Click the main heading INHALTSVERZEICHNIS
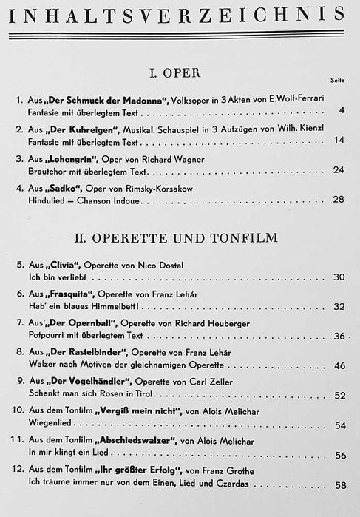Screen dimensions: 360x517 click(x=180, y=13)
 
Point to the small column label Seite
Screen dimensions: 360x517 click(x=336, y=83)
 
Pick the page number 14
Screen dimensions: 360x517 click(x=339, y=141)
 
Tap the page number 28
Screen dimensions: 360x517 click(x=339, y=200)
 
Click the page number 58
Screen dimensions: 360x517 click(x=339, y=484)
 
